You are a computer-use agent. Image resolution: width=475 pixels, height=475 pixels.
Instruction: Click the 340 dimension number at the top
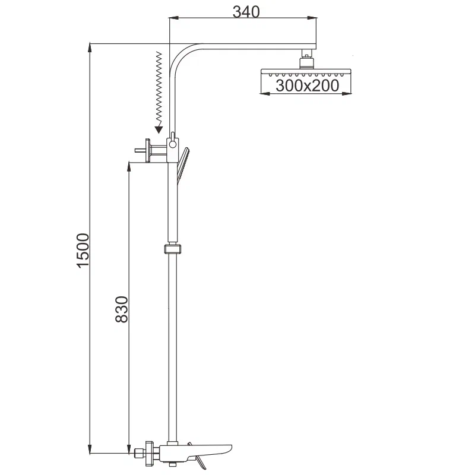245,11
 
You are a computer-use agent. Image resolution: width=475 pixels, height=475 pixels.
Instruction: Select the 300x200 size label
308,85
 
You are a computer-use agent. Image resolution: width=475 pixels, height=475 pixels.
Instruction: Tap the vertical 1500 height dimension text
83,249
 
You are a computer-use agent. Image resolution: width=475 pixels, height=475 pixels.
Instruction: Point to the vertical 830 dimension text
121,309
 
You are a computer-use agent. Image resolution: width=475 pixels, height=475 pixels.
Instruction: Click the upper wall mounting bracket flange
146,150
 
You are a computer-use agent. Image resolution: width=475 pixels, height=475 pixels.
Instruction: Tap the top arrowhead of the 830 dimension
129,164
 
